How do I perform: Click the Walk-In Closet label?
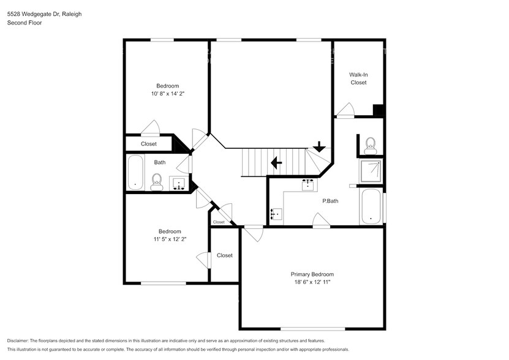[358, 78]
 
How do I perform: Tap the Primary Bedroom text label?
[312, 274]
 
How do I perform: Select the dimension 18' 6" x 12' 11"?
[312, 283]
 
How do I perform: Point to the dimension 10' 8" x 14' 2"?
[167, 94]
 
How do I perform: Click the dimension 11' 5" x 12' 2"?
[170, 239]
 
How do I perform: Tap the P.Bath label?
[331, 200]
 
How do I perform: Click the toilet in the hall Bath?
[156, 181]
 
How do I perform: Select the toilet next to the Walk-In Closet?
[370, 144]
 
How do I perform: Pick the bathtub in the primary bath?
[371, 207]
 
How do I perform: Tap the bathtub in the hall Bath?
[135, 173]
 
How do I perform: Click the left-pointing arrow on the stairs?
[276, 163]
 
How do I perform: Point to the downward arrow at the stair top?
[319, 147]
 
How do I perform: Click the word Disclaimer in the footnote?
[21, 340]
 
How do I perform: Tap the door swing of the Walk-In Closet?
[345, 111]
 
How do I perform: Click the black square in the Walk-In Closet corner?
[379, 110]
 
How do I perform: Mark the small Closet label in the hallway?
[219, 222]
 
